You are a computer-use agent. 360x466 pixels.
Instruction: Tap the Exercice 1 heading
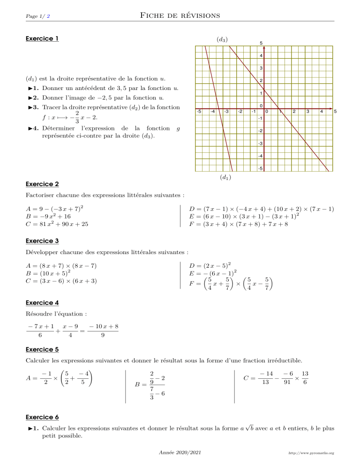pyautogui.click(x=42, y=38)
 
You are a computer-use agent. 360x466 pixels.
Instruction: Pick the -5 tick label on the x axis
pyautogui.click(x=199, y=112)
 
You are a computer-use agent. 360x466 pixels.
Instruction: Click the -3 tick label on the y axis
pyautogui.click(x=261, y=143)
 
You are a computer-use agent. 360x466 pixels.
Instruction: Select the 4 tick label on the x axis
pyautogui.click(x=322, y=112)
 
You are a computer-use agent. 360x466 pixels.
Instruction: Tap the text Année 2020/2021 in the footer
pyautogui.click(x=180, y=453)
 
